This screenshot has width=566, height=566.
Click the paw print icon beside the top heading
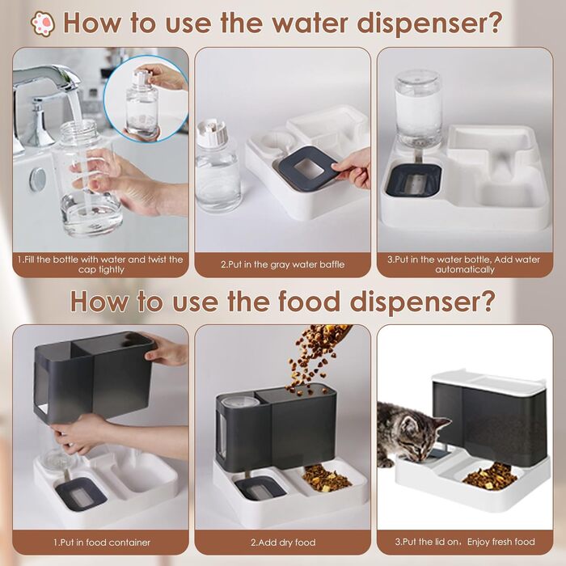click(x=44, y=23)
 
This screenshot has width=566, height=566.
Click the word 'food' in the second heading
click(x=310, y=301)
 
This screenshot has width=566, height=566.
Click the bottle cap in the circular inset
click(x=141, y=77)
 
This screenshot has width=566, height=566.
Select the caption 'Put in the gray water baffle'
click(x=283, y=264)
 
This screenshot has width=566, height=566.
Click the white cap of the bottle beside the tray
click(x=212, y=132)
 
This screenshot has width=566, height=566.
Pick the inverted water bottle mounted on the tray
click(x=418, y=108)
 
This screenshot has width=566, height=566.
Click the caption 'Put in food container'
click(x=102, y=543)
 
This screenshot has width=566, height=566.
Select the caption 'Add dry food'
click(x=283, y=543)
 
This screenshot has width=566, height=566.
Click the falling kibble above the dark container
click(x=314, y=356)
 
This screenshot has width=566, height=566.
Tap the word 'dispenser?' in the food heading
click(x=422, y=302)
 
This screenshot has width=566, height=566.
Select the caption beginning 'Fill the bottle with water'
click(x=100, y=264)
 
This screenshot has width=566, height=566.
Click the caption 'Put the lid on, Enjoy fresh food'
click(x=465, y=542)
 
